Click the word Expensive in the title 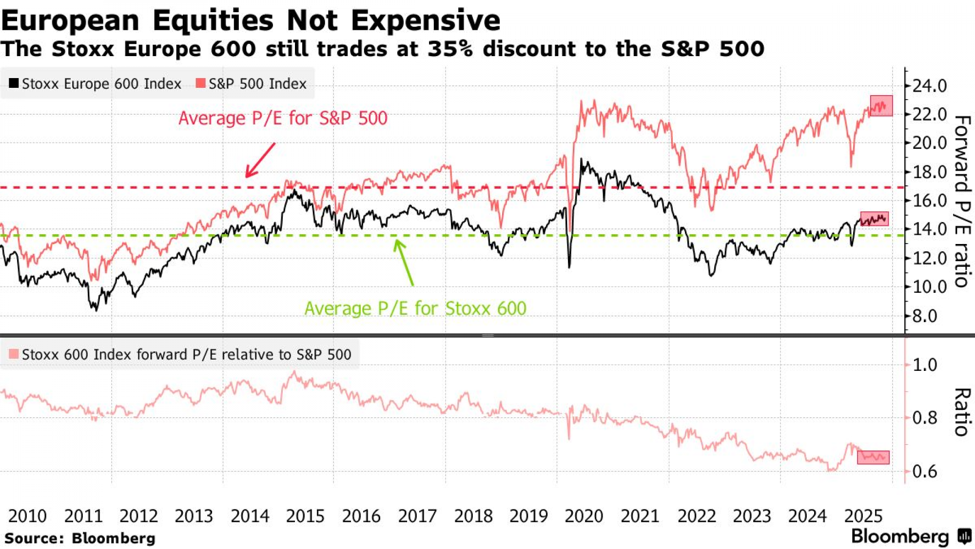[425, 20]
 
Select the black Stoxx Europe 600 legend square [14, 83]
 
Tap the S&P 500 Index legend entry [252, 84]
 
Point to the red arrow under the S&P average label [260, 160]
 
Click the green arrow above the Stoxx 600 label [404, 263]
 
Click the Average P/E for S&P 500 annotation [283, 118]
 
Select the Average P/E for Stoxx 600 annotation [415, 308]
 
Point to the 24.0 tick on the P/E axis [929, 86]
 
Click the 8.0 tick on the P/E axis [924, 316]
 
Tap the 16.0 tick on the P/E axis [929, 201]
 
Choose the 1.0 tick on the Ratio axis [924, 365]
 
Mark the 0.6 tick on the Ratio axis [924, 471]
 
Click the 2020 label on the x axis [584, 516]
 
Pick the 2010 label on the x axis [27, 516]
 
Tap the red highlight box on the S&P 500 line [881, 106]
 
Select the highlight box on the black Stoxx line [874, 219]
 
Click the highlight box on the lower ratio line [873, 457]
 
